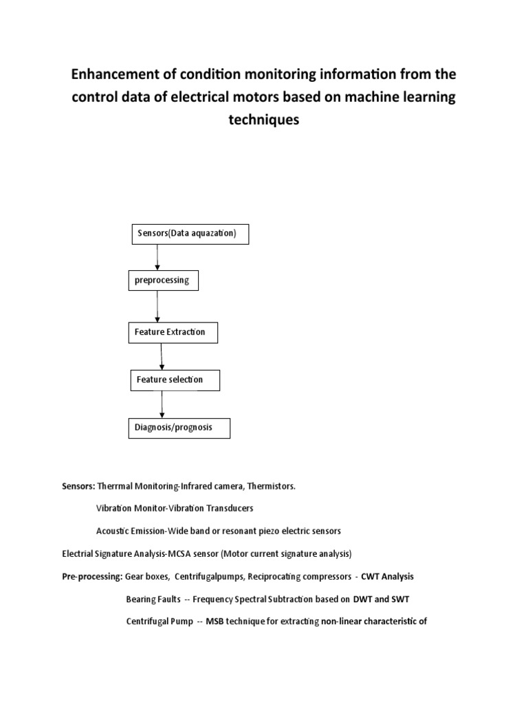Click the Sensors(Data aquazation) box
pyautogui.click(x=190, y=234)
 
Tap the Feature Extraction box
pyautogui.click(x=174, y=333)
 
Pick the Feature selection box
pyautogui.click(x=176, y=379)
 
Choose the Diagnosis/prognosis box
pyautogui.click(x=179, y=428)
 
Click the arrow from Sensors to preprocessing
pyautogui.click(x=158, y=257)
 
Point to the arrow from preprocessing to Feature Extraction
pyautogui.click(x=158, y=307)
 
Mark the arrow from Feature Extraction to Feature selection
pyautogui.click(x=162, y=356)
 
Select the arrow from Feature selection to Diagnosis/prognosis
pyautogui.click(x=162, y=404)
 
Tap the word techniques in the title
pyautogui.click(x=264, y=120)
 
